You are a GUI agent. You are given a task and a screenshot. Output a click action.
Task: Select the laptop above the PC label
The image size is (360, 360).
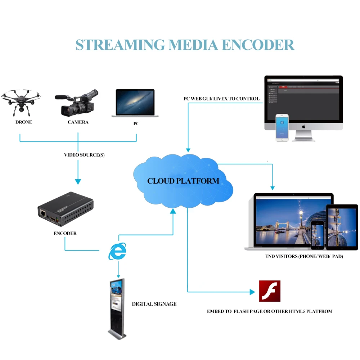(x=135, y=103)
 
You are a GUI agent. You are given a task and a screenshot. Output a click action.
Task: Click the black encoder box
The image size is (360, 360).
(x=66, y=210)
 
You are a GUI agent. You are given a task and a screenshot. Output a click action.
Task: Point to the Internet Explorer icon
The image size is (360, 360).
(x=117, y=251)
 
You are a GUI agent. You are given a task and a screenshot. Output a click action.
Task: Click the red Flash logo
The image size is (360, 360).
(x=270, y=291)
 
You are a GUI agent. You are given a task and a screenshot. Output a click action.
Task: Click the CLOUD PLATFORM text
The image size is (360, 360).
(x=183, y=181)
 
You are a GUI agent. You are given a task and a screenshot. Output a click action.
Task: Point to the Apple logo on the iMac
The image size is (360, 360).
(x=303, y=127)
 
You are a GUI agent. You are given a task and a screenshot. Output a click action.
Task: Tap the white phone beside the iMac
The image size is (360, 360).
(x=282, y=128)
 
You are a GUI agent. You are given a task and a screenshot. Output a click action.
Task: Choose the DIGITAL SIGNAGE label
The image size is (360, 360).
(x=154, y=304)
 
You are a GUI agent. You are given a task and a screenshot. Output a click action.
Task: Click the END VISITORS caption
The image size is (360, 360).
(x=304, y=256)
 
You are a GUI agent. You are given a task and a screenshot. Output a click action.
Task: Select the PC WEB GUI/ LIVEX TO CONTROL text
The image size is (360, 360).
(x=221, y=98)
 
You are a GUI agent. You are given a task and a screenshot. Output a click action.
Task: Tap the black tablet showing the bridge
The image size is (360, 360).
(x=342, y=228)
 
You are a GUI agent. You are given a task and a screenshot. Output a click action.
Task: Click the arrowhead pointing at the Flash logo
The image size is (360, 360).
(x=252, y=292)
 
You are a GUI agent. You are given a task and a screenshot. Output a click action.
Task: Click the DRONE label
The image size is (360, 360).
(x=24, y=122)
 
